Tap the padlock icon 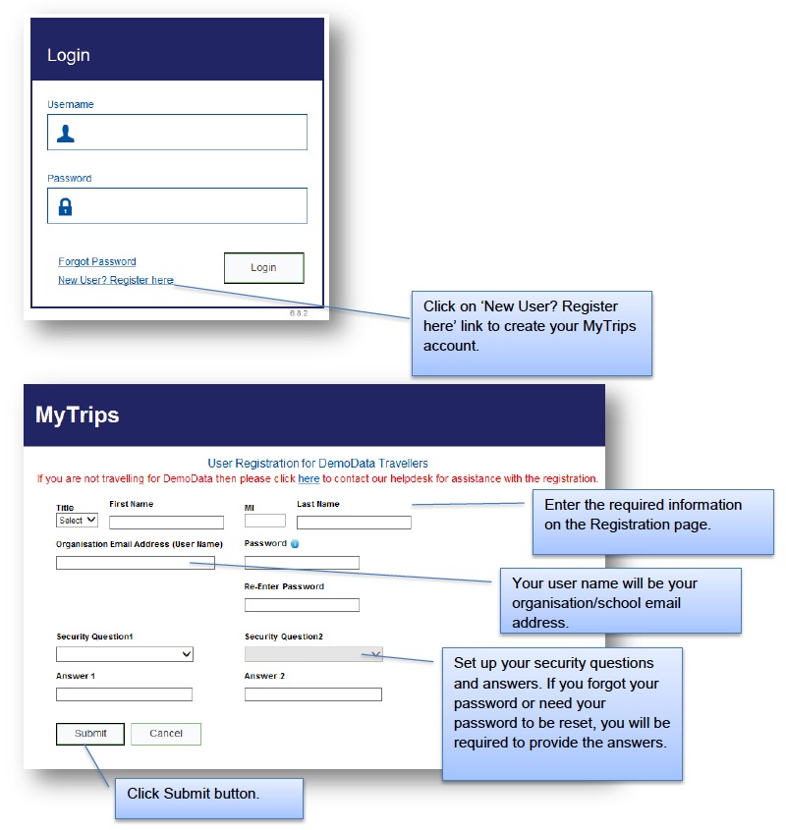pos(65,206)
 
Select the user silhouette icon pos(65,134)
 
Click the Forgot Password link pos(97,261)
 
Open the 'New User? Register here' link pos(115,280)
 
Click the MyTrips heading pos(77,415)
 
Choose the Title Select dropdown pos(77,520)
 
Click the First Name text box pos(166,523)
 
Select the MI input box pos(264,521)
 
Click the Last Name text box pos(354,523)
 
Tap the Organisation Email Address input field pos(135,563)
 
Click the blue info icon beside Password pos(295,543)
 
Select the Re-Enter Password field pos(302,605)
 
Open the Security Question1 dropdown pos(125,654)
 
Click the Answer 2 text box pos(312,694)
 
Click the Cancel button pos(166,734)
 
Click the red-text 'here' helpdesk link pos(309,479)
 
